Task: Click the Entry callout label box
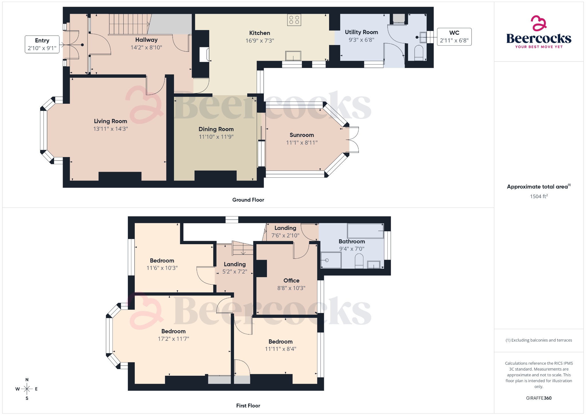42,44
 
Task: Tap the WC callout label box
454,37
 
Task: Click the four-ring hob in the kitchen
294,20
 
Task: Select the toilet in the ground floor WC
419,53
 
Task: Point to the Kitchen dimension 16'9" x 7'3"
260,41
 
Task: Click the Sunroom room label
302,135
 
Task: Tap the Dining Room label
216,129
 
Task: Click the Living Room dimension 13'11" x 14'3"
110,129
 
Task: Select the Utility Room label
361,32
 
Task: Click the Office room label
291,281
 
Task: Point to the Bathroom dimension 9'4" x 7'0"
352,249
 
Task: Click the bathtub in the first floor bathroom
365,231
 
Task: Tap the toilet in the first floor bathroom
359,262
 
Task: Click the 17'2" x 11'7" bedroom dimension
173,339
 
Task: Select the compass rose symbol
27,389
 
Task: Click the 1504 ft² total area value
539,196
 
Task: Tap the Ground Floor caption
248,200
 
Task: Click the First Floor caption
248,406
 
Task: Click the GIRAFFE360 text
539,398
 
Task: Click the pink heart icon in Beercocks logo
539,23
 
